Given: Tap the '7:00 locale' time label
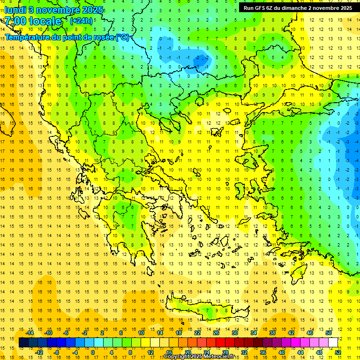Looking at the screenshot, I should click(33, 21).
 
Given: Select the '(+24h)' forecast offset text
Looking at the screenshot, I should click(81, 21).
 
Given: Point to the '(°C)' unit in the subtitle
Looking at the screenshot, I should click(122, 37).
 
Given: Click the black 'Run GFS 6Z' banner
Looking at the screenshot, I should click(298, 8).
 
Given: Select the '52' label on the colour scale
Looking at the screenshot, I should click(338, 352).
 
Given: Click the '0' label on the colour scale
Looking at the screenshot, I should click(93, 352).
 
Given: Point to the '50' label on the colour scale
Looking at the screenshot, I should click(329, 333).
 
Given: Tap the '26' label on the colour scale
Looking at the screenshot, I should click(216, 333).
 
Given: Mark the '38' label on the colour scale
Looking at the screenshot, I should click(272, 333).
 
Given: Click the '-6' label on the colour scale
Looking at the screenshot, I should click(67, 333).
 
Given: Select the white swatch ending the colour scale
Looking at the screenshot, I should click(333, 343).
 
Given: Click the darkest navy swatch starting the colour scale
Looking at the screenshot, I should click(24, 343).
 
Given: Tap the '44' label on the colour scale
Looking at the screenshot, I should click(300, 352).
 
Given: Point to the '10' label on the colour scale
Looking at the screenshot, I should click(141, 333).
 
